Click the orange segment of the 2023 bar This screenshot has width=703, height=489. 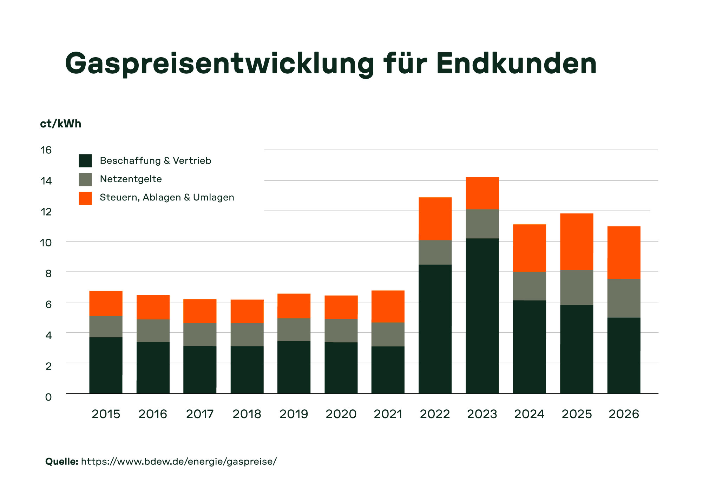[x=482, y=193]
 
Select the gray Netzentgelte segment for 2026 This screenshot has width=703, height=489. [x=624, y=298]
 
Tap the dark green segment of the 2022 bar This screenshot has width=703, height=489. [x=435, y=329]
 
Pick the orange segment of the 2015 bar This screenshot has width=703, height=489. [x=106, y=303]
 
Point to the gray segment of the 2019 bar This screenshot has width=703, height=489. [x=294, y=330]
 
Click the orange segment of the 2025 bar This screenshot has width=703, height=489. [x=577, y=242]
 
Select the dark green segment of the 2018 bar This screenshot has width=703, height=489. [x=247, y=369]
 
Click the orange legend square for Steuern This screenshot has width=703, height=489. [x=85, y=198]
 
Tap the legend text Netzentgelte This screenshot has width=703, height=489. [x=131, y=179]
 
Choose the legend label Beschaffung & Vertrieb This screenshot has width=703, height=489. [x=155, y=161]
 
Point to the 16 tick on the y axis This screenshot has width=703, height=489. [x=46, y=150]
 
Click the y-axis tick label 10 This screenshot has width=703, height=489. [x=46, y=243]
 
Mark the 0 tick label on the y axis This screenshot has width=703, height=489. [x=48, y=397]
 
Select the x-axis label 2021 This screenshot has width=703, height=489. [x=388, y=414]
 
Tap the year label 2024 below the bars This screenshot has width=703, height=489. [x=529, y=414]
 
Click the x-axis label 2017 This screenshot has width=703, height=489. [x=200, y=414]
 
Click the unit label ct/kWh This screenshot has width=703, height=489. [x=60, y=124]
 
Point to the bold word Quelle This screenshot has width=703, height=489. [x=61, y=461]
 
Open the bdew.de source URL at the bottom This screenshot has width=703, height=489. [x=179, y=461]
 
